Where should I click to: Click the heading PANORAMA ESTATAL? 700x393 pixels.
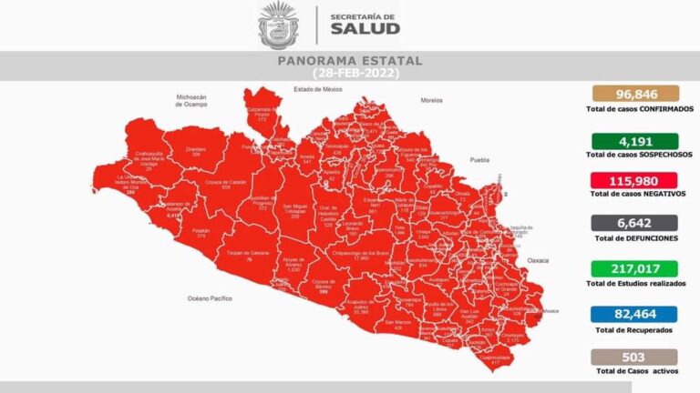(x=349, y=61)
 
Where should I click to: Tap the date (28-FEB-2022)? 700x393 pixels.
(x=349, y=72)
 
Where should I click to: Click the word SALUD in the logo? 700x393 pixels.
(x=365, y=28)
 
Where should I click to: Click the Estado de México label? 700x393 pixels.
(x=316, y=89)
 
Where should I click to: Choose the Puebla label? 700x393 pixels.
(x=479, y=159)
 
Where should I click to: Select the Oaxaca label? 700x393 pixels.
(x=538, y=260)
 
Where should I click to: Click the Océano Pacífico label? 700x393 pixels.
(x=211, y=297)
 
